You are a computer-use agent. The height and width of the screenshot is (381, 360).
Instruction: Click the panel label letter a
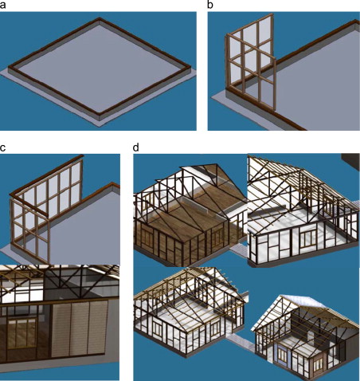click(x=2, y=6)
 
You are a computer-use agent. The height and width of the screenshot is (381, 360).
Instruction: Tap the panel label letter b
click(x=210, y=5)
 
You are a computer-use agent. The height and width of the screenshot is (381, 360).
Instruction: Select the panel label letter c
click(x=2, y=147)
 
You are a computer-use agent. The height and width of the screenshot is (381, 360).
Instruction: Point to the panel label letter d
click(x=135, y=147)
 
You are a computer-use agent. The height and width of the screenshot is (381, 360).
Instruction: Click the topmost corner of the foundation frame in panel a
click(x=100, y=18)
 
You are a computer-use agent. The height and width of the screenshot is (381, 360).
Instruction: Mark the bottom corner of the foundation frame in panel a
click(x=100, y=115)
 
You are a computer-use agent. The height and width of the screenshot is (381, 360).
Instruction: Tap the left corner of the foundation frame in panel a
click(x=9, y=68)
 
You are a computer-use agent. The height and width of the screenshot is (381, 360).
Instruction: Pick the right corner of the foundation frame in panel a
click(x=190, y=66)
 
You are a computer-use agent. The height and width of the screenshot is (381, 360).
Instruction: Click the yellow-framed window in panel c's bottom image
click(x=22, y=333)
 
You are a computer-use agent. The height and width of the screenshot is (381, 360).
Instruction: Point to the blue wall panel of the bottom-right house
click(x=282, y=355)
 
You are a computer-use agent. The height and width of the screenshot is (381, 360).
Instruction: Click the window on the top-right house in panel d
click(x=308, y=238)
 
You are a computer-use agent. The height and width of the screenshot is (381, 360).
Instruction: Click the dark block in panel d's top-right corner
click(x=350, y=160)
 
